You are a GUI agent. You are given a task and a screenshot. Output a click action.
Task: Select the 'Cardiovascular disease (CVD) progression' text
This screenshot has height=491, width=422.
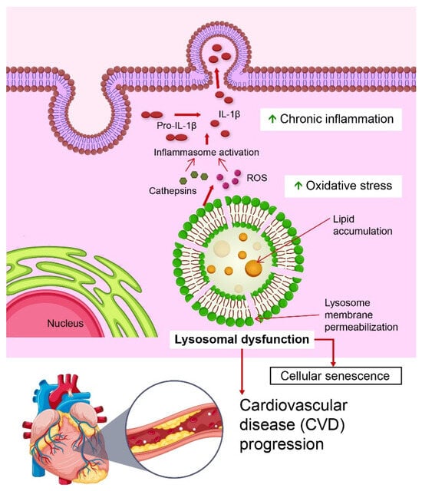click(294, 424)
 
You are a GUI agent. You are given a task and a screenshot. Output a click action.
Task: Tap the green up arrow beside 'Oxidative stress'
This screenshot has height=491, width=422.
click(274, 185)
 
